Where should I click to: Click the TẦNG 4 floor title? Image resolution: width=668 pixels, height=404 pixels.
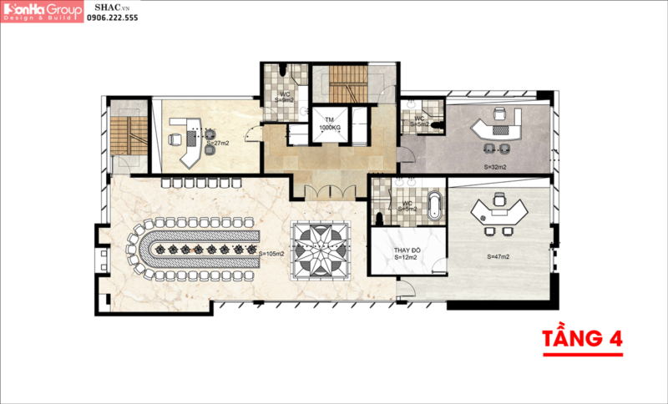[x=583, y=340]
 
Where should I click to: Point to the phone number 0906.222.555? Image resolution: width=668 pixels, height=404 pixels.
[x=113, y=18]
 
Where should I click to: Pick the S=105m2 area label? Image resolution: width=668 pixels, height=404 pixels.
[x=272, y=254]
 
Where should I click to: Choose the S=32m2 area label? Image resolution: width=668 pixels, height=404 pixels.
[x=495, y=167]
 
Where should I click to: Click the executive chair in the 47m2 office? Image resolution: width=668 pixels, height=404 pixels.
[x=498, y=199]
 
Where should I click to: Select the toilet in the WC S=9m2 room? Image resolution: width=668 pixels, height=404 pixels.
[x=285, y=70]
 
